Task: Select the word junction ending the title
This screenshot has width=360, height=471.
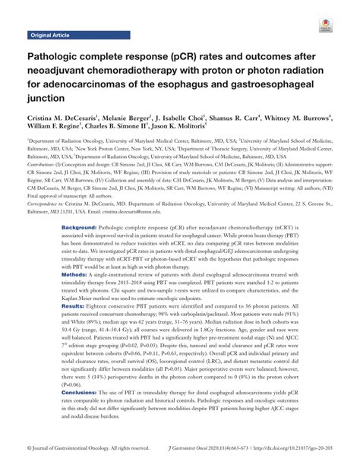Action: click(x=48, y=98)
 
